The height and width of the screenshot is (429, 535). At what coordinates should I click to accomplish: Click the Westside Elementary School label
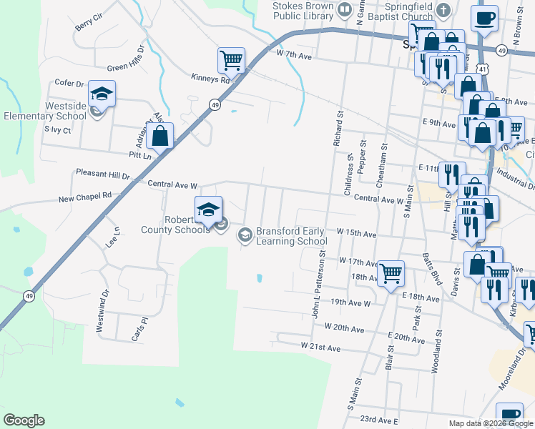click(45, 111)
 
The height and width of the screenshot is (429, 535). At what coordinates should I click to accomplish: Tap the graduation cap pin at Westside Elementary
click(102, 94)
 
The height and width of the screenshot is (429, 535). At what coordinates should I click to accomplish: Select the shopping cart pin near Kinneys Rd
click(231, 60)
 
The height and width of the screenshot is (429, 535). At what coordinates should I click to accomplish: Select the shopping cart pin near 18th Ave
click(391, 273)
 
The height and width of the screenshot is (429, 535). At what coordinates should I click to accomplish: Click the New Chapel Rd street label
click(85, 195)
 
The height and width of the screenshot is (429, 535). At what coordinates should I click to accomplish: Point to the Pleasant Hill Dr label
click(103, 174)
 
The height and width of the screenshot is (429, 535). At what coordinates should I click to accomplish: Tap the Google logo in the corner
click(24, 420)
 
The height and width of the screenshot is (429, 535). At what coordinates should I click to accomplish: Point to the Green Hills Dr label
click(126, 59)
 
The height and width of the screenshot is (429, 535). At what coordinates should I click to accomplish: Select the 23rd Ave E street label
click(378, 420)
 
